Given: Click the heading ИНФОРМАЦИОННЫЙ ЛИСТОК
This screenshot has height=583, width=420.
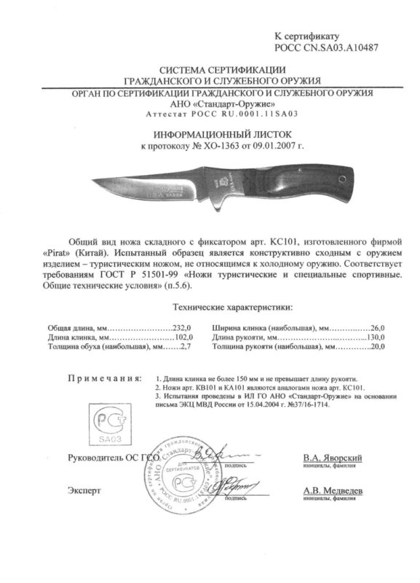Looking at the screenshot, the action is point(210,136).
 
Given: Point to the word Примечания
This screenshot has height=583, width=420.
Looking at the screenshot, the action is point(101,380).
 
